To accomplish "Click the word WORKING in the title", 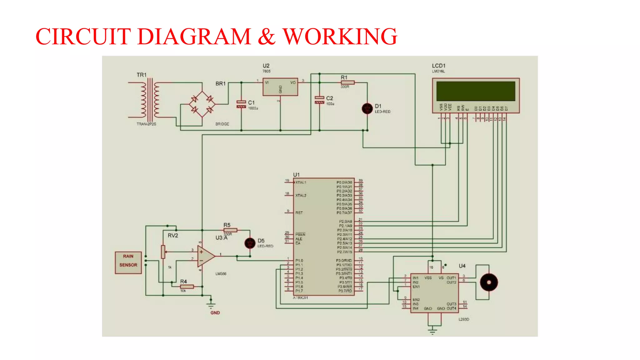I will point(340,37).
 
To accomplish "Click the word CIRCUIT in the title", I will point(83,37).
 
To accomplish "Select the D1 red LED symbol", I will point(367,108).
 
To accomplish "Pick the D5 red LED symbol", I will point(250,243).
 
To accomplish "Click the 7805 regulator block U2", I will point(280,87).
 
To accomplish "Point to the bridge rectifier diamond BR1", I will point(202,104).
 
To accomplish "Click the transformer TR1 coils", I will point(150,100).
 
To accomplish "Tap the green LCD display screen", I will point(475,91).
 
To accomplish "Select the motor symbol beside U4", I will point(489,282).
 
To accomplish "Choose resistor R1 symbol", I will point(347,82).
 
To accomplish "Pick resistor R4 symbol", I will point(187,287).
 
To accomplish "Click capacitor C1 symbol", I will point(241,104).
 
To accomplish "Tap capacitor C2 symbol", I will point(319,100).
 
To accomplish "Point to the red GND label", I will point(215,313).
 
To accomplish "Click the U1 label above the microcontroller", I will point(296,175).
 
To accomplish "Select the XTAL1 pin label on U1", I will point(301,182).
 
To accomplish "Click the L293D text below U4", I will point(464,319).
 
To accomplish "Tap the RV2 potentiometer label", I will point(173,236).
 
